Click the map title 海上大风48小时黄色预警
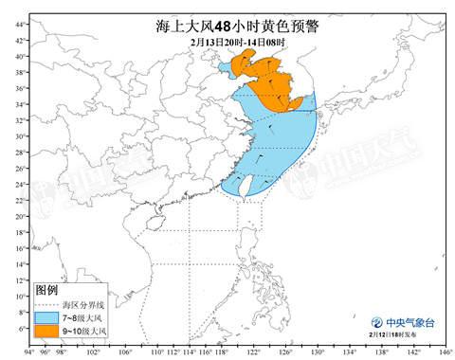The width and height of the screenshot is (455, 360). coord(227,27)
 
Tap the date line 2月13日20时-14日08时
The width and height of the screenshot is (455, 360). coord(227,44)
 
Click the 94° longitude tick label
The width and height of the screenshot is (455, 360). coord(29,351)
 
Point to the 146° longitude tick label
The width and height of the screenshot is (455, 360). coord(443,351)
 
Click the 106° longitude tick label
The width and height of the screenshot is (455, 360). coord(125,351)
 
